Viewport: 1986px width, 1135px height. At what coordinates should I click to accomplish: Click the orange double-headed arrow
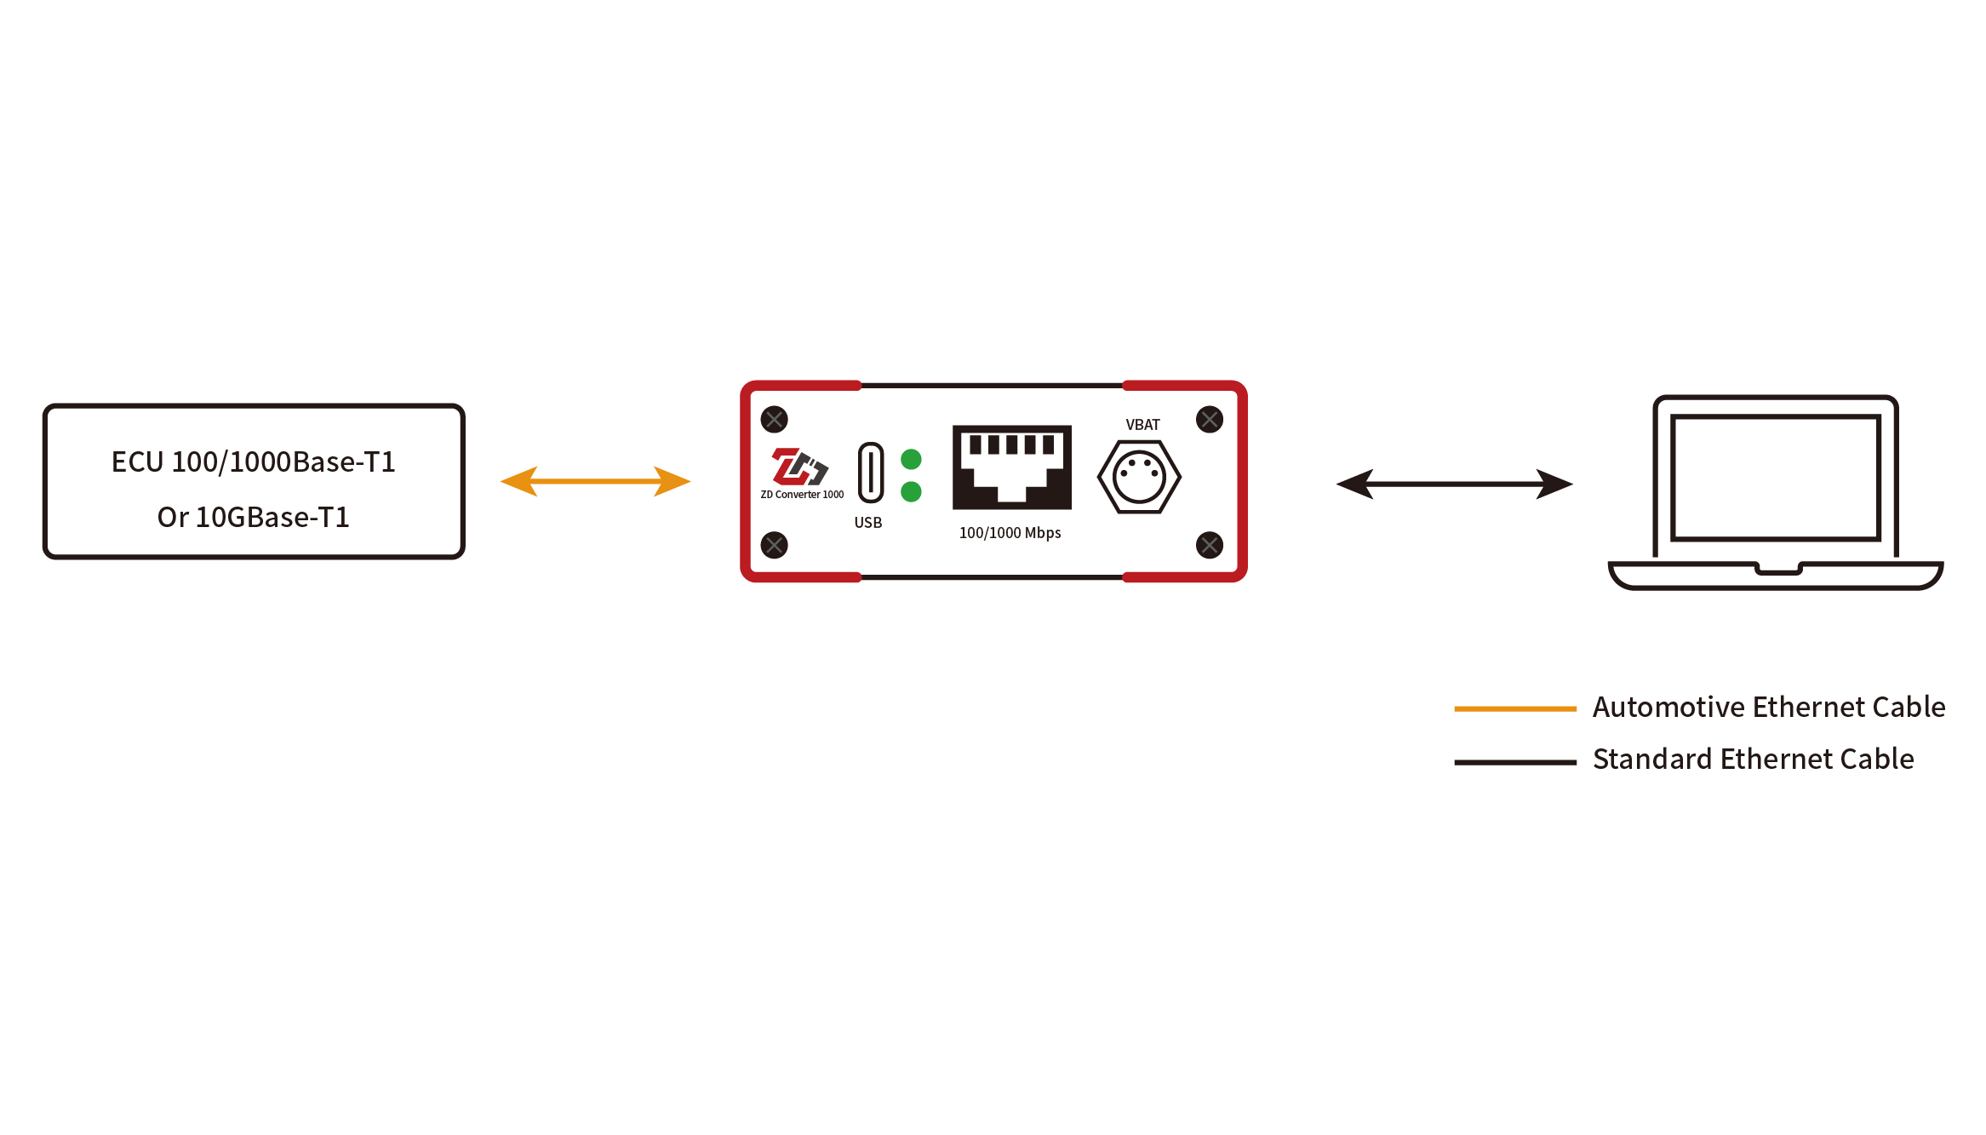tap(595, 481)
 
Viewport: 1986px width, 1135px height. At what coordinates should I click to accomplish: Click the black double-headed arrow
tap(1454, 484)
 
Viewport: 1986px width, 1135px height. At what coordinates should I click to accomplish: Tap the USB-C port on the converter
tap(870, 472)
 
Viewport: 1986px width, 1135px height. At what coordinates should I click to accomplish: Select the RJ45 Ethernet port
tap(1011, 467)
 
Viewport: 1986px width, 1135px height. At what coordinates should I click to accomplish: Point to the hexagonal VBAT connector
tap(1139, 477)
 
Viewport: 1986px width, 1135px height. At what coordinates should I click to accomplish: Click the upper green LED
tap(911, 460)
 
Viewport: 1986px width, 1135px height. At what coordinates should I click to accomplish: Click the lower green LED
tap(911, 491)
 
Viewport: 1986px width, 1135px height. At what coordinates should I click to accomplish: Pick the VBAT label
tap(1142, 425)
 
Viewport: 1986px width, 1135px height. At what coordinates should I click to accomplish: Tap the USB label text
tap(868, 523)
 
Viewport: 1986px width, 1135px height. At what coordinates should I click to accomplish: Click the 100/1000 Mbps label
tap(1010, 533)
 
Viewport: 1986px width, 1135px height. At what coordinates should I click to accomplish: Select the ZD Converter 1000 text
tap(802, 495)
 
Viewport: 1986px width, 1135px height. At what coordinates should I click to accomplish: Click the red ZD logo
tap(798, 467)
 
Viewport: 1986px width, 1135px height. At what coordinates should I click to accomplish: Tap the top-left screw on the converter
tap(775, 419)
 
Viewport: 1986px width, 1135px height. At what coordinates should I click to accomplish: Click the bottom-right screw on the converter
tap(1210, 545)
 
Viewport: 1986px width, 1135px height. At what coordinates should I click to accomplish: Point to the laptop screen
tap(1776, 477)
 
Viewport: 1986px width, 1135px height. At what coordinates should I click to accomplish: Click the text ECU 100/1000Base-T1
tap(254, 461)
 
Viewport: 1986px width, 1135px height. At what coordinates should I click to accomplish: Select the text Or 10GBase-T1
tap(254, 517)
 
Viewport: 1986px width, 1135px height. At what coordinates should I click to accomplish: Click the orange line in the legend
tap(1515, 708)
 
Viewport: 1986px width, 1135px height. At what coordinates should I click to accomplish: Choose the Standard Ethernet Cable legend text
tap(1753, 759)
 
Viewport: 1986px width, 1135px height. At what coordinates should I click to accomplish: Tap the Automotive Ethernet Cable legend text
tap(1769, 707)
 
